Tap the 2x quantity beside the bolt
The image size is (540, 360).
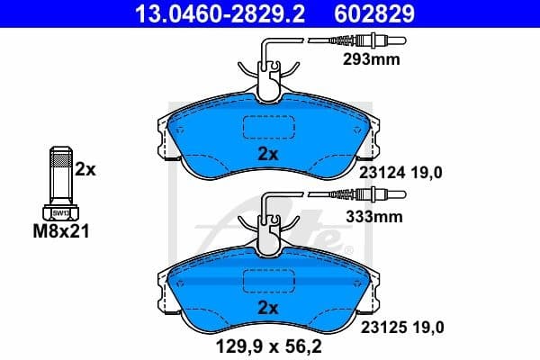pos(85,168)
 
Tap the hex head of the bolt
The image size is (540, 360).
pos(60,213)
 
